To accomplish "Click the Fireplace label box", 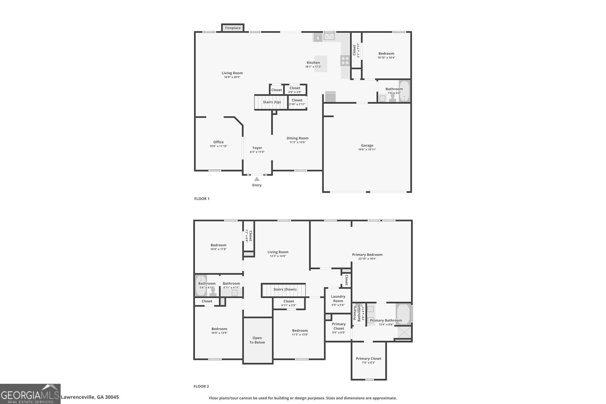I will [233, 28].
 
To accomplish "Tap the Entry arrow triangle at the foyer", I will [257, 179].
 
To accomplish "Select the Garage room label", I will [367, 145].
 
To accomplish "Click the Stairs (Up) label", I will [272, 102].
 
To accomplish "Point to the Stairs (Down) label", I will [285, 290].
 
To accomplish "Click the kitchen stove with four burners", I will [345, 61].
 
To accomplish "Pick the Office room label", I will [218, 142].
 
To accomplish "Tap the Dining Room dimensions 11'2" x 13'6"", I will [297, 142].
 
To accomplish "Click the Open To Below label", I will [257, 340].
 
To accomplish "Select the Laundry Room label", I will [338, 299].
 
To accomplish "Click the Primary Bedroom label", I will [367, 255].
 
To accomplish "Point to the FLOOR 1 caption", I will [201, 199].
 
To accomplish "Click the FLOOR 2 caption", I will [201, 387].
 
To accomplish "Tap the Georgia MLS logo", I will [30, 394].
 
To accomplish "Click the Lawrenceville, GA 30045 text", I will [90, 397].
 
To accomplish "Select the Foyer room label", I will [257, 148].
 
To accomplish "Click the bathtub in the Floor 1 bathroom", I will [405, 91].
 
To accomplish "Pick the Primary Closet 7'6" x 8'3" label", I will [368, 359].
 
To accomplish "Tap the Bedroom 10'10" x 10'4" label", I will [386, 54].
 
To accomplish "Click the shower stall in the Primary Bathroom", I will [404, 333].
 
